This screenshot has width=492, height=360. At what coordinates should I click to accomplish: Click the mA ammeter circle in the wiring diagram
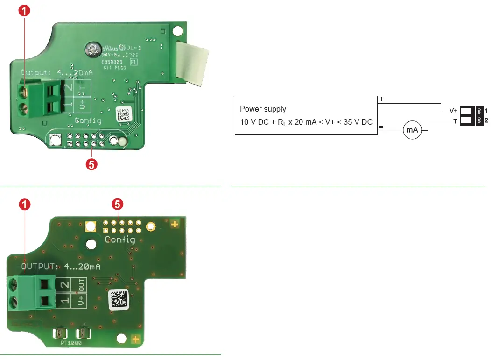pos(412,130)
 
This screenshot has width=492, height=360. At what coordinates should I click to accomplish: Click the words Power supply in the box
pos(263,109)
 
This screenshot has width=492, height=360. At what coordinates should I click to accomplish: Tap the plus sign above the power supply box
pos(381,99)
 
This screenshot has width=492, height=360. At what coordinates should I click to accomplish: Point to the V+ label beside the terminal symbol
pos(453,111)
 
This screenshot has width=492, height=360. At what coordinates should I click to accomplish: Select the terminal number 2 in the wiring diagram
pos(486,121)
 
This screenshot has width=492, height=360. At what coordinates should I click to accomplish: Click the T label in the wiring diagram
pos(455,121)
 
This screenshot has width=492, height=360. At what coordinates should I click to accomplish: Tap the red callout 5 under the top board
pos(92,164)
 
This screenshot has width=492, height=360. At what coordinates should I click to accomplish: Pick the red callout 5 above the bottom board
pos(118,204)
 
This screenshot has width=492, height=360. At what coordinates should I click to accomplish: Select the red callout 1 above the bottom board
pos(25,204)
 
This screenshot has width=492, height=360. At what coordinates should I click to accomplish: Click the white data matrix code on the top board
pos(123,115)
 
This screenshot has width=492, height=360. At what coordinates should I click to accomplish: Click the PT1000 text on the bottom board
pos(71,343)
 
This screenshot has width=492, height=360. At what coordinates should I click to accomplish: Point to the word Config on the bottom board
pos(120,240)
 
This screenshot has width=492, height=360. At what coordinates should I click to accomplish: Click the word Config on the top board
pos(88,121)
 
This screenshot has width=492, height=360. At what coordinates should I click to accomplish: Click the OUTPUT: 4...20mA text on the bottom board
pos(61,267)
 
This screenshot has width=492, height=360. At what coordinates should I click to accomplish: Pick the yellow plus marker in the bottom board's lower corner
pos(135,339)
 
